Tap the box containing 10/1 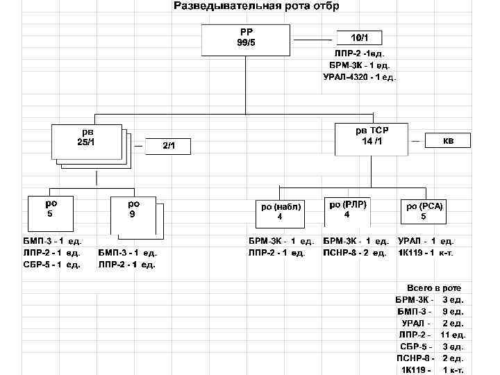(359, 37)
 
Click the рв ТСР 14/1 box (372, 138)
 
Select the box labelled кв (448, 140)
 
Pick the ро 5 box (51, 212)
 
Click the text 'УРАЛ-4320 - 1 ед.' (360, 77)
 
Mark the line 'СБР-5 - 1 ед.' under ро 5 (52, 265)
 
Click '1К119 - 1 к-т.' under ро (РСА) (425, 253)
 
